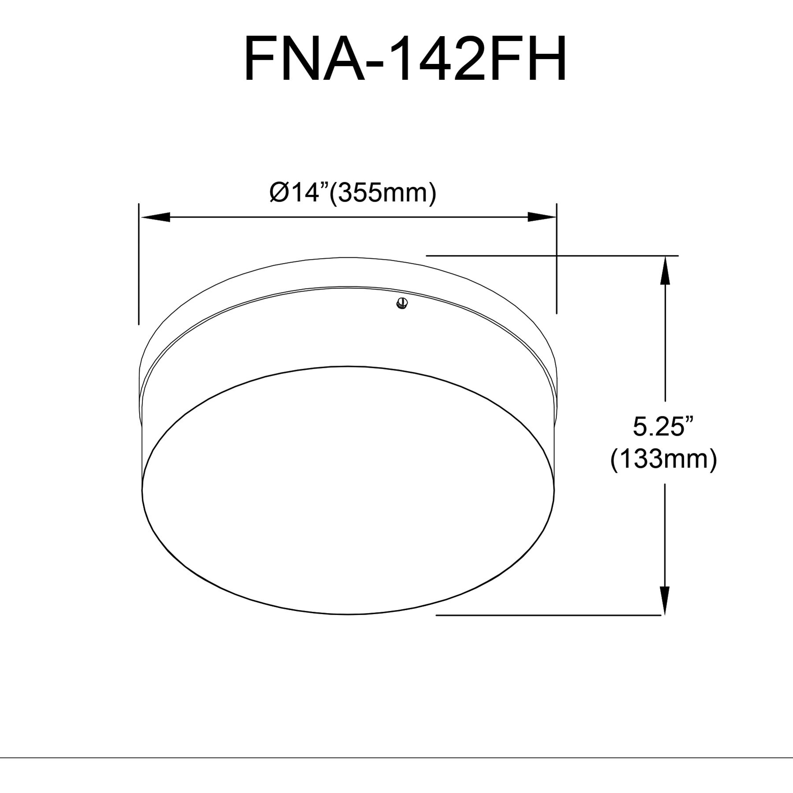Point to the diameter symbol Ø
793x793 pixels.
click(279, 193)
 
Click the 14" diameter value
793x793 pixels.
click(308, 193)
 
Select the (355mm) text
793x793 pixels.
click(383, 193)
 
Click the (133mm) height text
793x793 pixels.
click(663, 459)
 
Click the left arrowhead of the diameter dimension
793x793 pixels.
click(155, 217)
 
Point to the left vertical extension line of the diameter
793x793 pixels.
click(139, 264)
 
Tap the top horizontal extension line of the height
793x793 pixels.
click(551, 255)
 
